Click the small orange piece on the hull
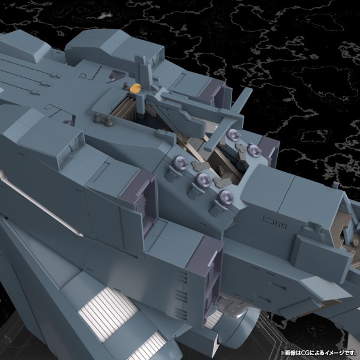(x=136, y=88)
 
